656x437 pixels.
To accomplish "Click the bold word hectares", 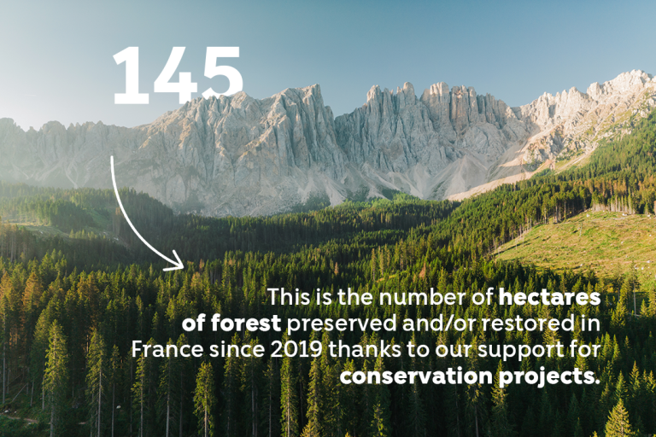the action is (549, 297).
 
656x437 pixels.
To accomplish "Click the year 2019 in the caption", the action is (296, 350).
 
